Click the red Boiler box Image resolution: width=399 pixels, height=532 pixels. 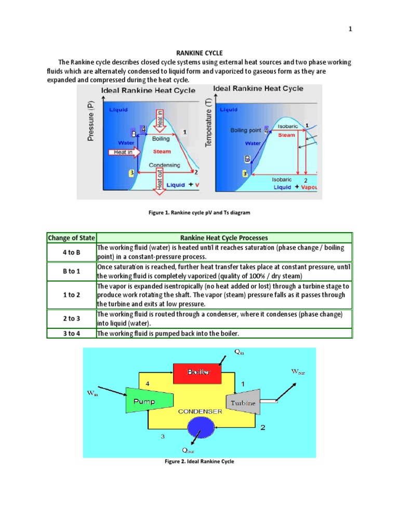click(x=198, y=371)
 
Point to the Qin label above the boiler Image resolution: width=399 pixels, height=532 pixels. click(x=240, y=352)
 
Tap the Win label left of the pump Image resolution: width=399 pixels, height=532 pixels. click(x=92, y=394)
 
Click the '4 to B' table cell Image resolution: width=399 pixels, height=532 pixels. click(x=71, y=252)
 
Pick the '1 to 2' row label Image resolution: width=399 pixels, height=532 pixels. click(x=71, y=295)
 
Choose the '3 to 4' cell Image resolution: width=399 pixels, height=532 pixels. click(x=71, y=333)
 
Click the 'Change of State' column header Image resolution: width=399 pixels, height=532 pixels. click(x=71, y=238)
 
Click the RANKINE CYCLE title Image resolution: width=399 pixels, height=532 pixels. click(x=199, y=52)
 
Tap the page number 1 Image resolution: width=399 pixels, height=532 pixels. click(x=350, y=29)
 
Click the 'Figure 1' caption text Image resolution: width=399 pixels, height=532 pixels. click(x=199, y=212)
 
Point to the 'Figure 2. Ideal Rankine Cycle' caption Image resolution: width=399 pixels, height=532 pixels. click(x=199, y=462)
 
